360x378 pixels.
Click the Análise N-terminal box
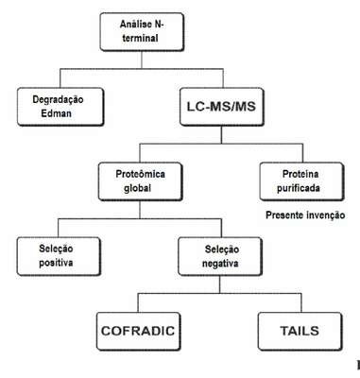(142, 32)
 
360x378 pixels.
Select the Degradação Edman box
(60, 107)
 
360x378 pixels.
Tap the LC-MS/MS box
(222, 107)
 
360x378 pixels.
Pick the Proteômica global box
(140, 181)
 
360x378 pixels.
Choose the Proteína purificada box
(301, 181)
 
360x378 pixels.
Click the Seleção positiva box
(59, 256)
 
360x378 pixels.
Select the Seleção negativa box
(220, 256)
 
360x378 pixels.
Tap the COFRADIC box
(138, 332)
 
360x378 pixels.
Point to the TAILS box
(300, 332)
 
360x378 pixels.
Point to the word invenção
(326, 215)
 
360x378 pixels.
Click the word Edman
(57, 113)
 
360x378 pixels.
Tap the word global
(138, 188)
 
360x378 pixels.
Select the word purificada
(299, 188)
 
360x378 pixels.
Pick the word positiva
(56, 263)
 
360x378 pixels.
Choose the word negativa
(220, 264)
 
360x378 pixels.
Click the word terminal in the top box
(140, 39)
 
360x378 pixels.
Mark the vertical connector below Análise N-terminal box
(142, 60)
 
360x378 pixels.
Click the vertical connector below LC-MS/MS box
(221, 135)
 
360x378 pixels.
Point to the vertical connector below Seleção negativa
(220, 284)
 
